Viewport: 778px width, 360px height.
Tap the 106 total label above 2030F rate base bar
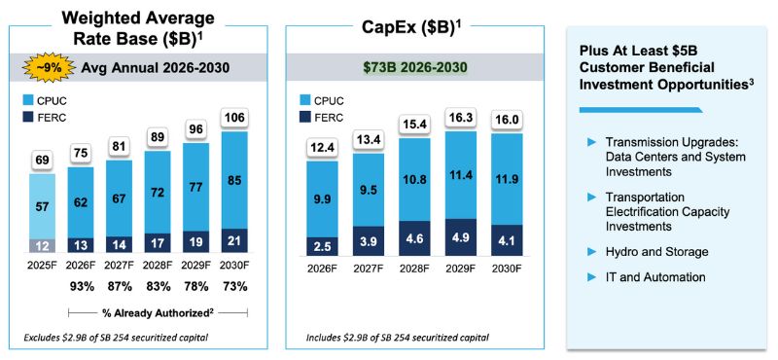[232, 117]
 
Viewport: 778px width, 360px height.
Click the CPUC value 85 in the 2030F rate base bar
[232, 179]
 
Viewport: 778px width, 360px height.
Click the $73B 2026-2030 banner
[409, 68]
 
